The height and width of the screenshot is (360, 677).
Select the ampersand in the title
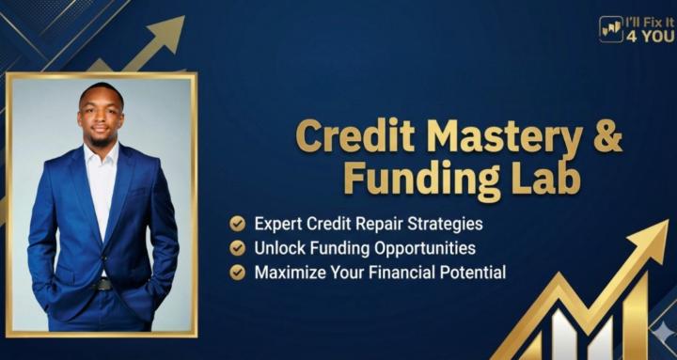click(x=608, y=136)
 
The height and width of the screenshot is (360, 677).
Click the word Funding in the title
click(x=417, y=178)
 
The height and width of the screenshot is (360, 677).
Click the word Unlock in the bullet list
click(x=278, y=248)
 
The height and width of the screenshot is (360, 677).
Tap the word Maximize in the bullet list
click(x=289, y=273)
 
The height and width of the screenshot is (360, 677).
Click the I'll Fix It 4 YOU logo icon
click(x=610, y=29)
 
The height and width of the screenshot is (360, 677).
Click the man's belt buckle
click(x=102, y=283)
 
